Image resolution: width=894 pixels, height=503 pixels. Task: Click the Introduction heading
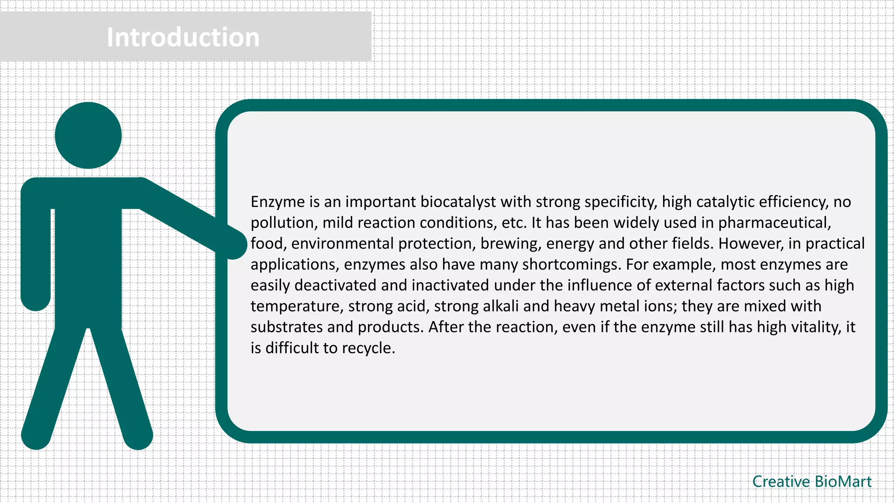[183, 37]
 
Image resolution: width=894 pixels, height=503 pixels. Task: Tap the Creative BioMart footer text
[811, 482]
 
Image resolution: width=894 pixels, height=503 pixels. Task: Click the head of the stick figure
[88, 135]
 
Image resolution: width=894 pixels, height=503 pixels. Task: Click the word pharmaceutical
[774, 223]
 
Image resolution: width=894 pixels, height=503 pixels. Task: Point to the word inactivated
[450, 286]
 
